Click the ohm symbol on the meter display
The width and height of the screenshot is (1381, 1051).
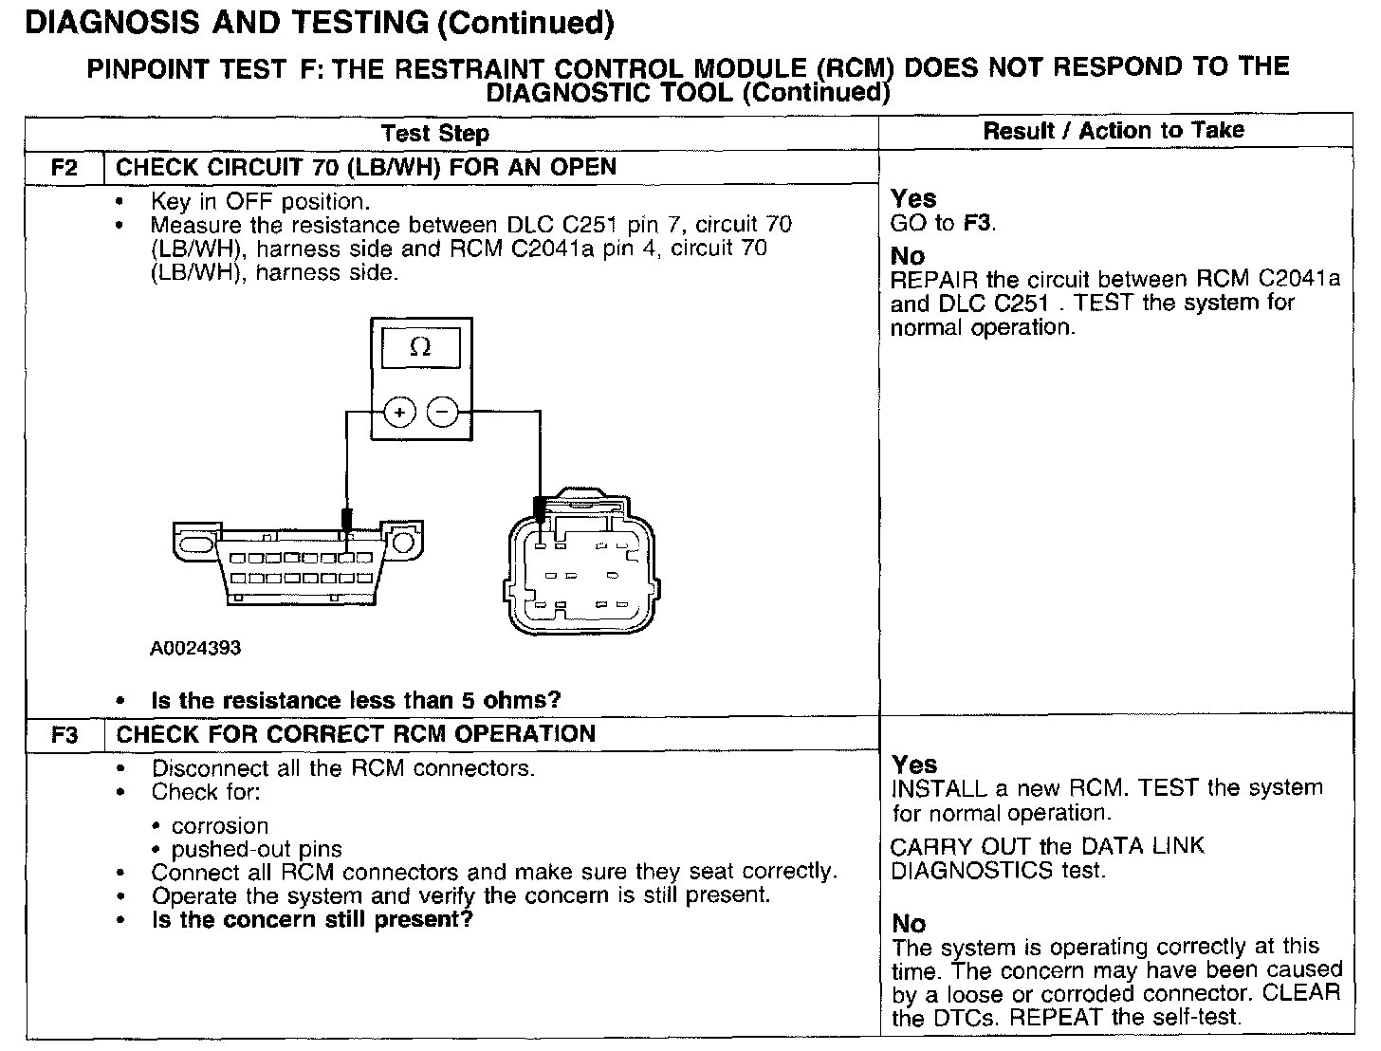(x=420, y=348)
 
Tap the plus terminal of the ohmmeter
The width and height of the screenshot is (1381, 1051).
(x=399, y=413)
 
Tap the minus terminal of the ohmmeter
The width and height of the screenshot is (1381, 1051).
(x=442, y=413)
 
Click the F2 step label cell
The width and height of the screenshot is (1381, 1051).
(x=64, y=168)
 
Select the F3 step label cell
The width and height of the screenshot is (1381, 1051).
(x=64, y=734)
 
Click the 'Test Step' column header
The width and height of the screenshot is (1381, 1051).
(x=435, y=134)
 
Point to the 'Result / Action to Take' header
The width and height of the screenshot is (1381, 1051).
(x=1114, y=131)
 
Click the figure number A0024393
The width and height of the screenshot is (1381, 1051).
(x=195, y=648)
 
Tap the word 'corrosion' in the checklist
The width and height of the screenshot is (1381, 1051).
(x=220, y=826)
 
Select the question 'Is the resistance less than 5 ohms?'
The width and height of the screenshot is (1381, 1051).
(x=356, y=701)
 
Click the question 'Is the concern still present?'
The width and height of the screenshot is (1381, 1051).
(x=312, y=919)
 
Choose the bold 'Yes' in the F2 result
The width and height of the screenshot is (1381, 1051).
(x=913, y=199)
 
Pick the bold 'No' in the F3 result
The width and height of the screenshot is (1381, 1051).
(x=909, y=923)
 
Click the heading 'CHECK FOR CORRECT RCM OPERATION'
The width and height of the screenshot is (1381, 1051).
(x=356, y=734)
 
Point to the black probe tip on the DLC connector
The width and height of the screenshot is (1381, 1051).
(x=347, y=520)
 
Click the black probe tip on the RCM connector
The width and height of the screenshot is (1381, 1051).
(x=540, y=509)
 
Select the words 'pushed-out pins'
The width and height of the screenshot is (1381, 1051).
(x=256, y=849)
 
